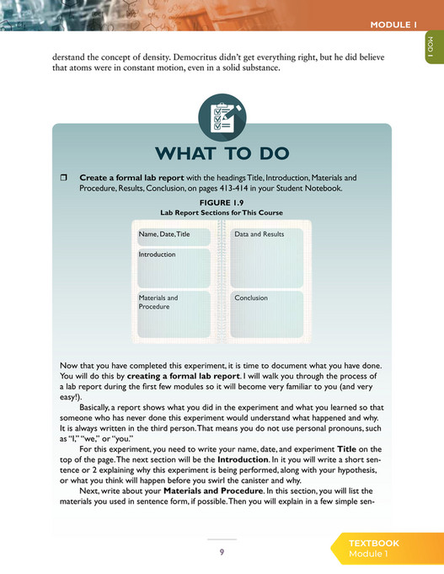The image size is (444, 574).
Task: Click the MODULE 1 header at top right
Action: coord(393,24)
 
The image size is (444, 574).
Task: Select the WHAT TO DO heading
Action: coord(222,153)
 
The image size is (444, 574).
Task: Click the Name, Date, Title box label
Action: coord(165,233)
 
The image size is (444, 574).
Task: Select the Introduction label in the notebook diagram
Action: coord(157,254)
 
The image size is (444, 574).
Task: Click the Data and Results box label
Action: coord(259,233)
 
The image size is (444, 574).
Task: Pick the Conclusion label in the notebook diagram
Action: coord(251,298)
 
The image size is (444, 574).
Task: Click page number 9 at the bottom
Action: coord(222,551)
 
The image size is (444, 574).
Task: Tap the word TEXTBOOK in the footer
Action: coord(374,544)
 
